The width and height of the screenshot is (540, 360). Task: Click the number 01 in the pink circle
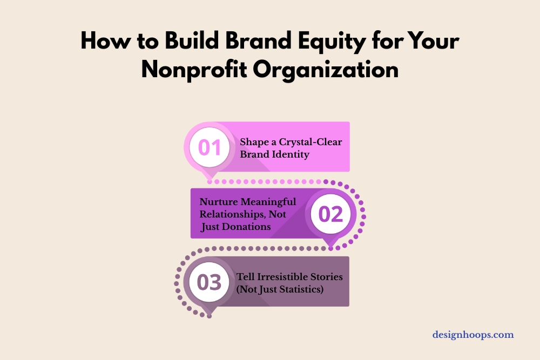[210, 147]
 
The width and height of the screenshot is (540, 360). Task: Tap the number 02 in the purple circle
[330, 214]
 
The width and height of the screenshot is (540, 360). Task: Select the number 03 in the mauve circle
[209, 282]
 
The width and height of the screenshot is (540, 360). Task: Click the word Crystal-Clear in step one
[314, 142]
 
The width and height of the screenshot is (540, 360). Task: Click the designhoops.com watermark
[473, 335]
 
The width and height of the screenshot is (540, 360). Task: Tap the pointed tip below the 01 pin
[210, 177]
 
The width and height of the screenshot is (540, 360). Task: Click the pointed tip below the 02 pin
[330, 246]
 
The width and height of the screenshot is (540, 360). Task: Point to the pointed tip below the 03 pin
[209, 314]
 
